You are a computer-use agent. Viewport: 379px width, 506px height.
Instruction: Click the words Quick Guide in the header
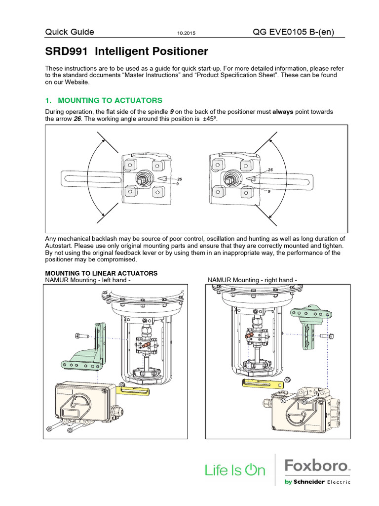(x=70, y=32)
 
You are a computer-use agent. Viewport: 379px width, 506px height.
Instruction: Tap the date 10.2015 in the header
(x=186, y=33)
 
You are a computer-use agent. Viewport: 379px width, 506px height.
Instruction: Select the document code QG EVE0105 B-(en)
(x=293, y=32)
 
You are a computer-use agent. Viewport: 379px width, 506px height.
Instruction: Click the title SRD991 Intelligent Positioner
(x=127, y=51)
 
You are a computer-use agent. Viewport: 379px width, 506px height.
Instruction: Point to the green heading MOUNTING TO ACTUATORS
(x=104, y=100)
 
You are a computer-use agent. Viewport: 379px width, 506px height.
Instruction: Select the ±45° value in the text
(x=210, y=119)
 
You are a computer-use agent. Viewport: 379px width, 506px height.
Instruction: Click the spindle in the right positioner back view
(x=230, y=178)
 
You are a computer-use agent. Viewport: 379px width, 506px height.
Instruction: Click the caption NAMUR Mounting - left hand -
(x=89, y=280)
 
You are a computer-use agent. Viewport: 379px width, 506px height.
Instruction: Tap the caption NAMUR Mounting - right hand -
(x=252, y=280)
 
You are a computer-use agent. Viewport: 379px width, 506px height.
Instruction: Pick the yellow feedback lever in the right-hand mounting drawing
(x=260, y=383)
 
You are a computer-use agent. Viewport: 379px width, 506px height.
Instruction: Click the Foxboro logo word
(x=316, y=465)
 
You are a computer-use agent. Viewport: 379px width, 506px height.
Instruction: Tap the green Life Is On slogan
(x=235, y=470)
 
